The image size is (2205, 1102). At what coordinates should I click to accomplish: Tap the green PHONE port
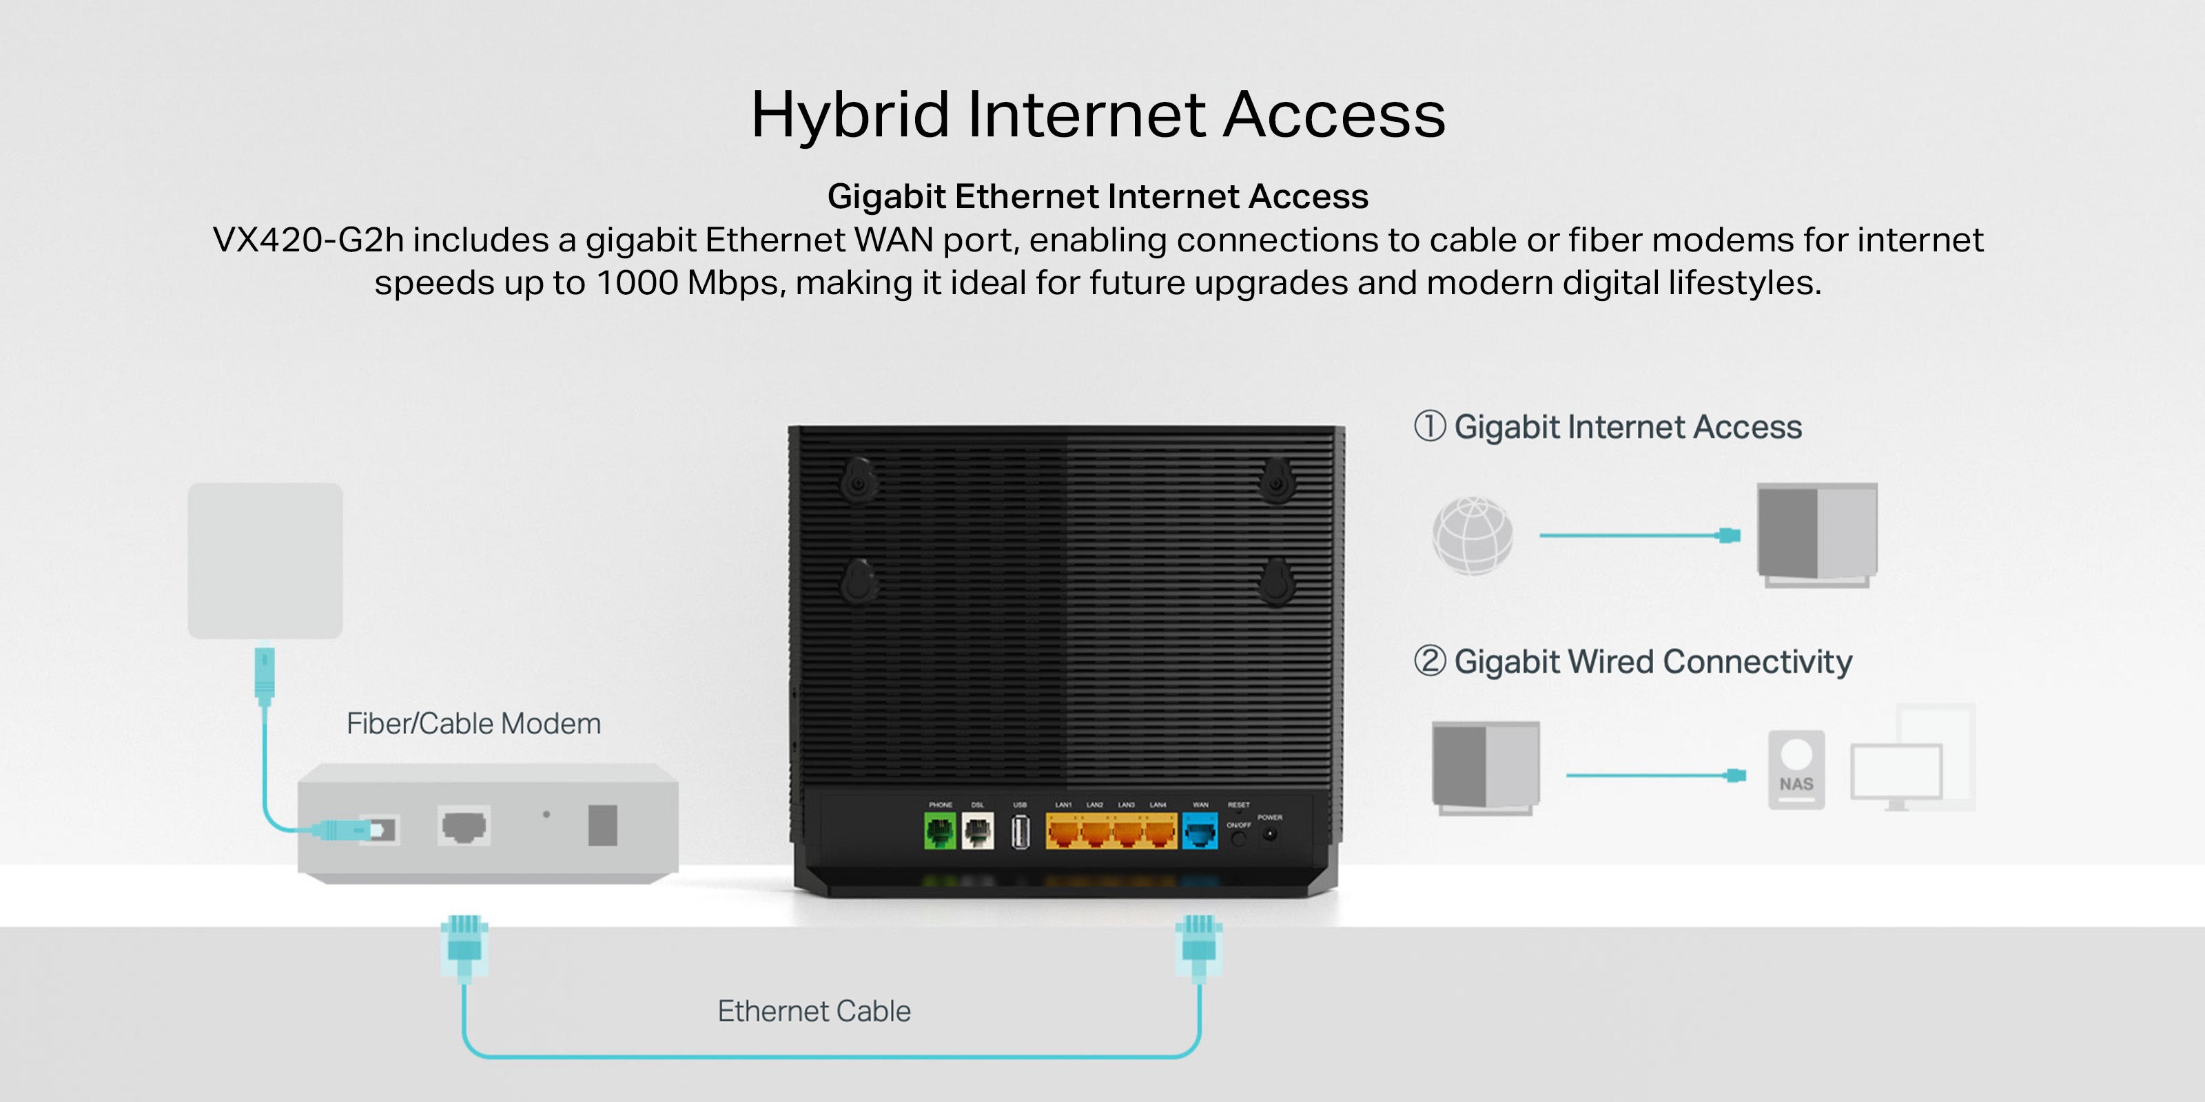(940, 831)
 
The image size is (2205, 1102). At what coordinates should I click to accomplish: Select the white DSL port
(978, 831)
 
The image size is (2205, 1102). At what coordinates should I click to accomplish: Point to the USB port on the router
(1020, 831)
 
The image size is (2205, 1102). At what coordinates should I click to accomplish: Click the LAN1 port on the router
(1064, 831)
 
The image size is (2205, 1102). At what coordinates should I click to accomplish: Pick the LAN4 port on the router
(1160, 831)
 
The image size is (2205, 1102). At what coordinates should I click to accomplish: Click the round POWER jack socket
(1270, 834)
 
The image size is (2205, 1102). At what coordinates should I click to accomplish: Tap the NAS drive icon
(1796, 769)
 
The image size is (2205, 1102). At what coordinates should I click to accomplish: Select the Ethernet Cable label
(814, 1011)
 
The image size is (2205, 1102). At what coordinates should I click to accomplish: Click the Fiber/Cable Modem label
(473, 724)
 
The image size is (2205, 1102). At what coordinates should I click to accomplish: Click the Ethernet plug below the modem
(464, 946)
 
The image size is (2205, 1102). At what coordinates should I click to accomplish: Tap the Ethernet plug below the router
(1198, 946)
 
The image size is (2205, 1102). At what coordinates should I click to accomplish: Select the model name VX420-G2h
(307, 240)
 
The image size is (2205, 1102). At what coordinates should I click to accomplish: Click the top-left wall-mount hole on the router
(857, 481)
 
